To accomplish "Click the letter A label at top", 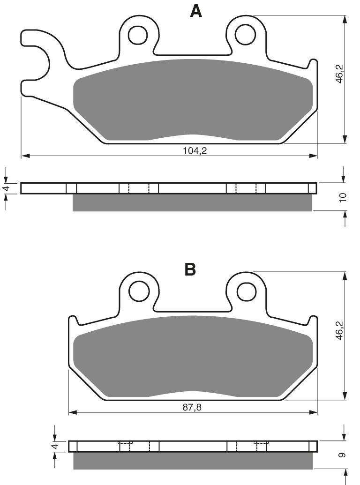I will pyautogui.click(x=196, y=11).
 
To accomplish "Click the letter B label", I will pyautogui.click(x=190, y=269).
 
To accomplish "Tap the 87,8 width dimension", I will pyautogui.click(x=192, y=407).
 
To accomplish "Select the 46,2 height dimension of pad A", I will pyautogui.click(x=341, y=74).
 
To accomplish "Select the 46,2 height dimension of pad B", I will pyautogui.click(x=341, y=331).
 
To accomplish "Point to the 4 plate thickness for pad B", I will pyautogui.click(x=55, y=446).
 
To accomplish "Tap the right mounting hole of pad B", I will pyautogui.click(x=245, y=292).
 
